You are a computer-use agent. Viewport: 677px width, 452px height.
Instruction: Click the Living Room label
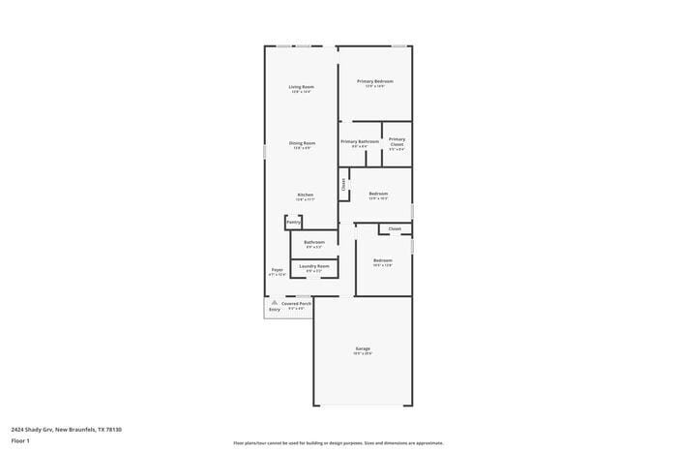tap(301, 87)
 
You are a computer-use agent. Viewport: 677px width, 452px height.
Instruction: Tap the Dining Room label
tap(302, 143)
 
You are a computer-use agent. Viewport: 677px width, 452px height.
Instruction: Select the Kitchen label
tap(305, 195)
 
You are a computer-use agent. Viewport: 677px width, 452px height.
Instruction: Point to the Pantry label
tap(293, 223)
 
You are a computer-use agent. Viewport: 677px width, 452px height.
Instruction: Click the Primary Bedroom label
tap(374, 81)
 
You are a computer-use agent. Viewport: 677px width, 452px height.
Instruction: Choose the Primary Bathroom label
tap(359, 142)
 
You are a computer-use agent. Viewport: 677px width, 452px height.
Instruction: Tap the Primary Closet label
tap(397, 141)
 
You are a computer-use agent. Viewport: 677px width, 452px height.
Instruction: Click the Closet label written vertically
tap(343, 183)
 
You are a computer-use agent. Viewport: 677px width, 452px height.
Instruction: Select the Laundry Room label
tap(314, 265)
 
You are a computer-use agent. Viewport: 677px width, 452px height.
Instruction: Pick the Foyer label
tap(277, 269)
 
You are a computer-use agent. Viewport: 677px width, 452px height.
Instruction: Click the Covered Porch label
tap(296, 304)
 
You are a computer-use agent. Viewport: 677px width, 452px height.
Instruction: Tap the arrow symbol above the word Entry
tap(275, 302)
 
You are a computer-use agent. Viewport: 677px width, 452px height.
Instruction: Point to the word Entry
tap(275, 310)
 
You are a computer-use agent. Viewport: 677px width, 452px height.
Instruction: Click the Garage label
tap(363, 348)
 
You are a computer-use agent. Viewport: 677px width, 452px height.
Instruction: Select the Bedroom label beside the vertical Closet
tap(378, 194)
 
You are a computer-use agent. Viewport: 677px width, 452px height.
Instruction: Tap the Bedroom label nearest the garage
tap(383, 260)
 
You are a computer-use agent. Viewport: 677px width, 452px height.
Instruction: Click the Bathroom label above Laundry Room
tap(314, 242)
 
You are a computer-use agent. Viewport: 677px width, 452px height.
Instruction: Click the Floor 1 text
tap(20, 440)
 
